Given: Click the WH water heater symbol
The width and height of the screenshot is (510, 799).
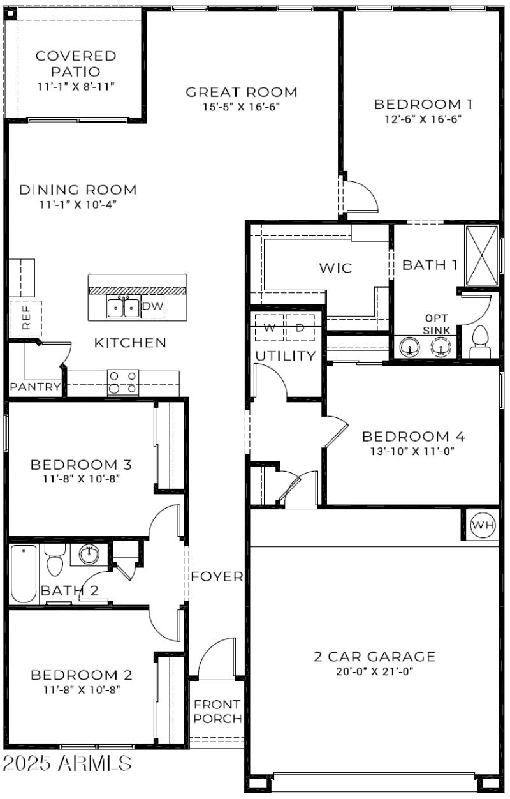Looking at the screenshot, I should pyautogui.click(x=483, y=525).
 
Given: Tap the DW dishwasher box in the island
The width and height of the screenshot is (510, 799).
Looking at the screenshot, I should pyautogui.click(x=152, y=307).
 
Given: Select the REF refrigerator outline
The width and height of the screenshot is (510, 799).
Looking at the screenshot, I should pyautogui.click(x=25, y=318).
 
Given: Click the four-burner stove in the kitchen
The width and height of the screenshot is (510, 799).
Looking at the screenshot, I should pyautogui.click(x=123, y=382).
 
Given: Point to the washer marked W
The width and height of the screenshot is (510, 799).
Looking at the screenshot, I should pyautogui.click(x=269, y=328).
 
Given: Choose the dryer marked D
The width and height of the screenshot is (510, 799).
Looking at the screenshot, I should pyautogui.click(x=300, y=328).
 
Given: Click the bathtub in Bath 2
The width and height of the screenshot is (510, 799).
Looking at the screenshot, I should pyautogui.click(x=24, y=572).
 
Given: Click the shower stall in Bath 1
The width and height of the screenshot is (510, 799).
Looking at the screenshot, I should pyautogui.click(x=481, y=256).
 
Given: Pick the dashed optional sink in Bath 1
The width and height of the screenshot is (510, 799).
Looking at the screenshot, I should pyautogui.click(x=441, y=347).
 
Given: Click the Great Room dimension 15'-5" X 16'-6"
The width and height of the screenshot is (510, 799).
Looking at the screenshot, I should pyautogui.click(x=242, y=107).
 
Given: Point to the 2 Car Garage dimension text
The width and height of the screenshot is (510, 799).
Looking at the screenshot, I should pyautogui.click(x=374, y=671).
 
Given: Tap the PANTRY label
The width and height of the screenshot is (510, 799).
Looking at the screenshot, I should pyautogui.click(x=36, y=387).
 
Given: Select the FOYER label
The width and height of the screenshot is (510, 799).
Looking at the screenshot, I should pyautogui.click(x=217, y=577).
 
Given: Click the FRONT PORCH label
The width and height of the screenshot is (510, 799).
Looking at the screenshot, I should pyautogui.click(x=217, y=712).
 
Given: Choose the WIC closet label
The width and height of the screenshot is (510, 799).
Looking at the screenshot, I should pyautogui.click(x=335, y=268).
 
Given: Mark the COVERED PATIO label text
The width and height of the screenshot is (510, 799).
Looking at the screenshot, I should pyautogui.click(x=76, y=64).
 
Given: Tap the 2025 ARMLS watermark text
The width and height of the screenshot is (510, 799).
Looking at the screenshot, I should pyautogui.click(x=68, y=763).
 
